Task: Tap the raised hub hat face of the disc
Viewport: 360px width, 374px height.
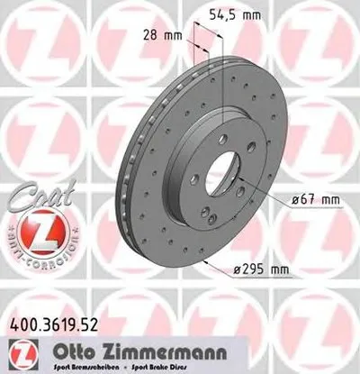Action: (x=184, y=194)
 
